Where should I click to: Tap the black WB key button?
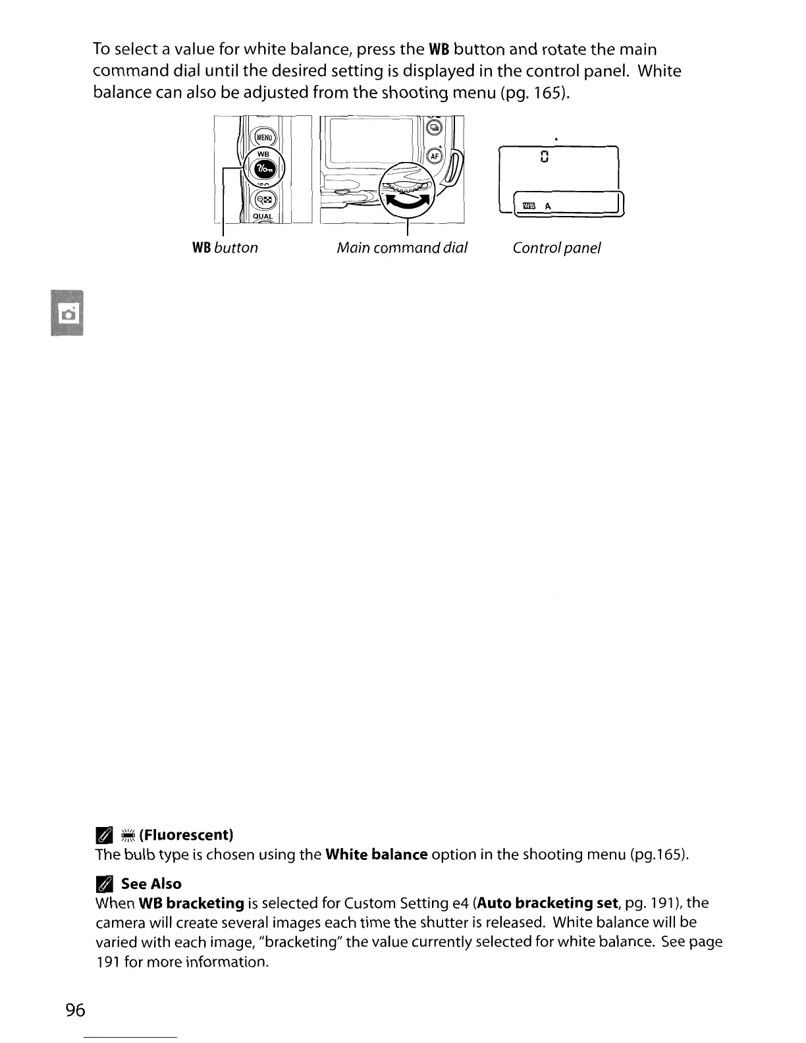click(263, 169)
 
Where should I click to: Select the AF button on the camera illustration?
click(434, 155)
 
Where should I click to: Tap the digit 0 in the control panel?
click(544, 157)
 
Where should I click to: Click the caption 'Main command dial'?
click(402, 248)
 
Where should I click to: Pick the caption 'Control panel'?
click(556, 248)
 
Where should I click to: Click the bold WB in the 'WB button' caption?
click(201, 248)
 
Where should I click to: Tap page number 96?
click(76, 1009)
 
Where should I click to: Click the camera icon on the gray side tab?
click(68, 313)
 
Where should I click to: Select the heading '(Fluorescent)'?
click(187, 835)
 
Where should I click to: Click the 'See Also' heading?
click(151, 884)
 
